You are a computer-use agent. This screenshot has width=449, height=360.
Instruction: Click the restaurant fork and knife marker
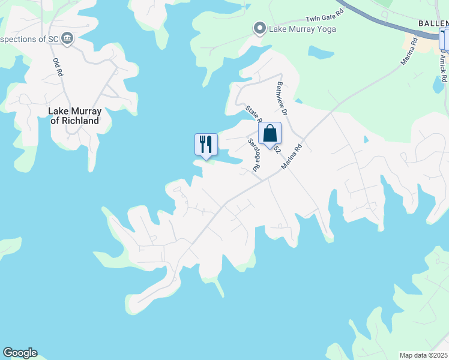click(206, 144)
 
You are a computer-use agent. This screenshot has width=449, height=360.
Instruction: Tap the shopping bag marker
click(270, 133)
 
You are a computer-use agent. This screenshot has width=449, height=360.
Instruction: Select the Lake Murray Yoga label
click(303, 29)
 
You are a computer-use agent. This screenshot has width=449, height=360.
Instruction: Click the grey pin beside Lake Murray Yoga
click(259, 28)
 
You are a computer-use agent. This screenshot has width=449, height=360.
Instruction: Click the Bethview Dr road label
click(283, 99)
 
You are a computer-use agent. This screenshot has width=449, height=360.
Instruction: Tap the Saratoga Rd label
click(254, 155)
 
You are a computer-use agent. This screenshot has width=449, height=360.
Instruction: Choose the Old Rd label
click(58, 65)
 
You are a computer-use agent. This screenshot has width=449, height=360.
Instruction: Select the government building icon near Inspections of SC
click(67, 39)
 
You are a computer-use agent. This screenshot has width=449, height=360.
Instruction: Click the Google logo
click(20, 353)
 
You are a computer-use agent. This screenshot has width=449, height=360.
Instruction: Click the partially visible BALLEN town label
click(433, 23)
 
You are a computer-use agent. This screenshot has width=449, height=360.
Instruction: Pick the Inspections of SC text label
click(30, 39)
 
